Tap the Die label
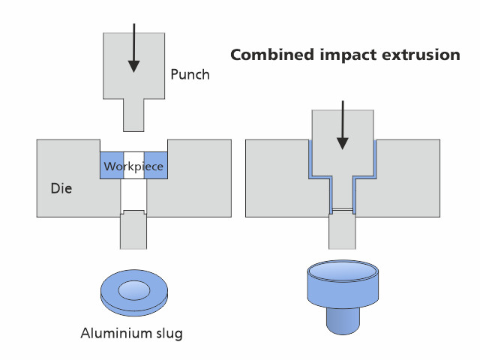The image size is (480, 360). click(61, 188)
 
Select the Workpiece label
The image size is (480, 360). click(133, 166)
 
